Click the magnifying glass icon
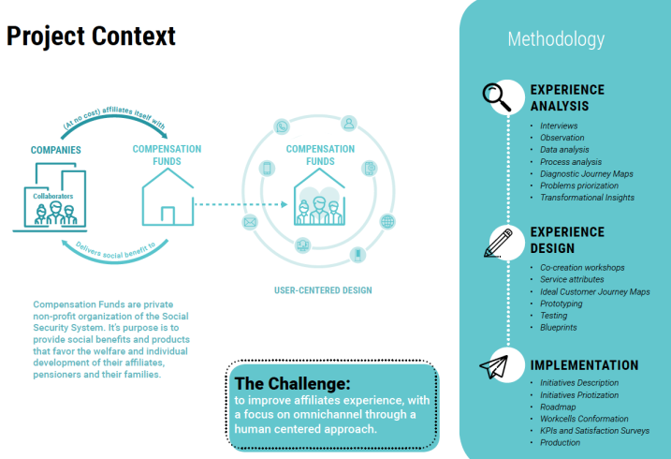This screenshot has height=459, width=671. [496, 96]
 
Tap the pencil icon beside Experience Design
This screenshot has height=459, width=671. [500, 242]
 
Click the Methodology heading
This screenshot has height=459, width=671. [556, 39]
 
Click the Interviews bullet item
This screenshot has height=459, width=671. [559, 126]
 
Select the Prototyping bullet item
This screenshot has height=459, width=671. [562, 304]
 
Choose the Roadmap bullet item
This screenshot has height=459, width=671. [560, 407]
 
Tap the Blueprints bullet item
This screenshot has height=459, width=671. [560, 328]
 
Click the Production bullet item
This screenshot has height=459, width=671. [561, 442]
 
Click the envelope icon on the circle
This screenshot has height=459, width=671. [250, 223]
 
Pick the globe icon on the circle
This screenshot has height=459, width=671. [387, 223]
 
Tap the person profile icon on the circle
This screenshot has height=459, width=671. [348, 123]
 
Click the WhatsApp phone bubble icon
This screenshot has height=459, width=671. [282, 126]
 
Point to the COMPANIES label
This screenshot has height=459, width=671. [55, 150]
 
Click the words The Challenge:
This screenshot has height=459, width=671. [293, 383]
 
